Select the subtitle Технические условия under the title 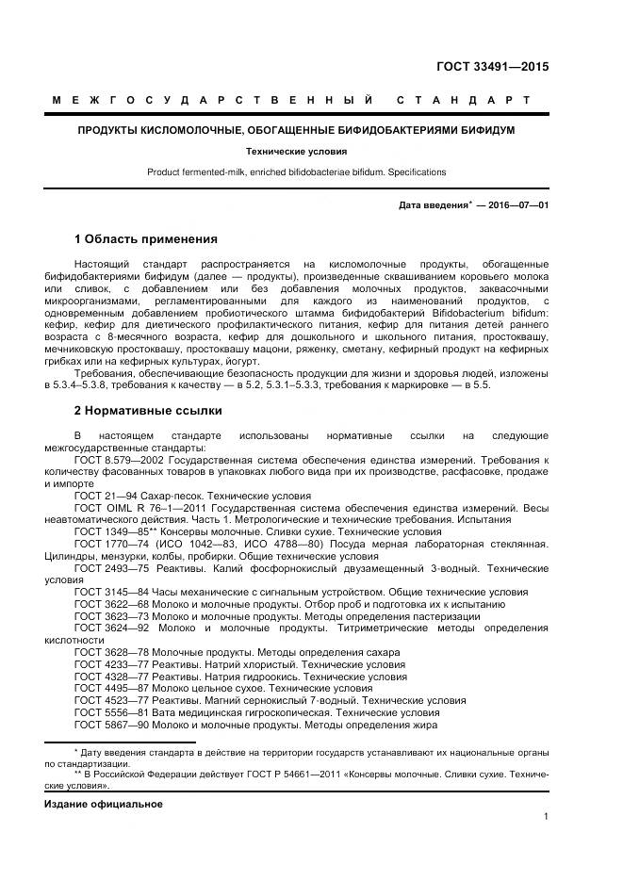pos(296,151)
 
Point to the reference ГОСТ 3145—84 pos(107,591)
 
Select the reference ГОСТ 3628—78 pos(107,652)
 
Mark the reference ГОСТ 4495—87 pos(107,689)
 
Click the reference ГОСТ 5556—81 pos(107,713)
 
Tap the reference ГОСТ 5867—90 pos(107,726)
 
